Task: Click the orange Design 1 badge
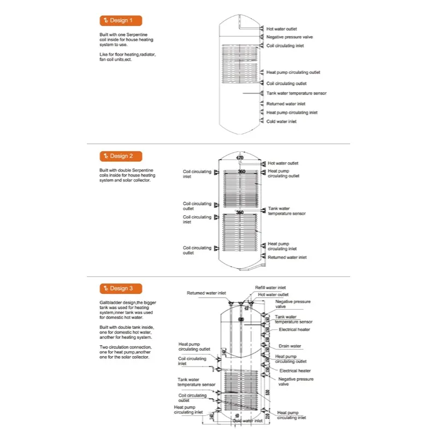(x=121, y=21)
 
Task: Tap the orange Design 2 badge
(x=121, y=156)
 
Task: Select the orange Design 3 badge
(x=121, y=288)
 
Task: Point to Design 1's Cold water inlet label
(x=281, y=122)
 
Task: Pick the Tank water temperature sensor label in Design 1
(x=296, y=93)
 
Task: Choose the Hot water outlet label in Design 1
(x=282, y=28)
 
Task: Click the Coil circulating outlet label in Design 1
(x=286, y=84)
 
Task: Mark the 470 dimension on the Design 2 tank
(x=239, y=158)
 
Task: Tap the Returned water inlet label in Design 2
(x=287, y=257)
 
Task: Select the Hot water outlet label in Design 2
(x=283, y=163)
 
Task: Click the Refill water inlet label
(x=270, y=287)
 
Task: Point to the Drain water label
(x=290, y=346)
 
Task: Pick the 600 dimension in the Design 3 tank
(x=241, y=319)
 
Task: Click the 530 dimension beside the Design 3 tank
(x=268, y=392)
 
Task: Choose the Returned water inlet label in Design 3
(x=206, y=293)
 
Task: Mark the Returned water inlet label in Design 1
(x=286, y=104)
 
